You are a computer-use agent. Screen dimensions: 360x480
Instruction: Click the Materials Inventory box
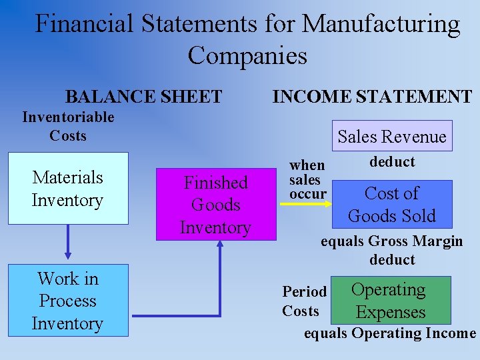point(67,189)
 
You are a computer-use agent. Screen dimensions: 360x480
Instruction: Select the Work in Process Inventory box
point(67,301)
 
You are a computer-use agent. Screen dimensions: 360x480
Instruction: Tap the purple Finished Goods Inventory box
point(216,205)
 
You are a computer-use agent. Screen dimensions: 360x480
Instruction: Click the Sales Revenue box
point(391,137)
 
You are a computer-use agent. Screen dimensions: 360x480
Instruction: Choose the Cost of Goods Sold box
point(391,205)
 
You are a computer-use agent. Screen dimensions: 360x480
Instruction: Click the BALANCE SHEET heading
point(143,97)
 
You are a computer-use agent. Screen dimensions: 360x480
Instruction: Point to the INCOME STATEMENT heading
point(372,97)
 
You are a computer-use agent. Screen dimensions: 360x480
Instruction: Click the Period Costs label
point(304,301)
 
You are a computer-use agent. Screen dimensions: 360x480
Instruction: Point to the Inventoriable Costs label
point(68,127)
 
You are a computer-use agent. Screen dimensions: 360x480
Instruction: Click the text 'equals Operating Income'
point(390,333)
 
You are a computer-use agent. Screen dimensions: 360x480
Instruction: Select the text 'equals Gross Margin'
point(391,241)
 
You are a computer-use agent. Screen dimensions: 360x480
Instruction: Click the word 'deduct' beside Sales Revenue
point(392,162)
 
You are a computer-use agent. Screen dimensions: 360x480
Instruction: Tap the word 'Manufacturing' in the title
point(381,25)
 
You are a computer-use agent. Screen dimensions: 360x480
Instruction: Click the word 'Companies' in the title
point(247,55)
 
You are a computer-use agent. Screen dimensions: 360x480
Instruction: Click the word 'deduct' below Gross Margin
point(392,259)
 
